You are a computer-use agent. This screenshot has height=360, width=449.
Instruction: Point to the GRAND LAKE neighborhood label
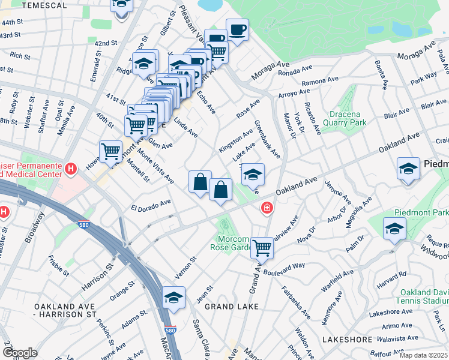pos(232,306)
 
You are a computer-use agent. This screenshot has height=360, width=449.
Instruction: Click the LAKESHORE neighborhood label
pos(347,340)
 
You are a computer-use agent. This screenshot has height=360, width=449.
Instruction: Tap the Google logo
pos(20,352)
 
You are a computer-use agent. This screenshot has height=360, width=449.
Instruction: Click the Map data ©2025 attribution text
pos(423,355)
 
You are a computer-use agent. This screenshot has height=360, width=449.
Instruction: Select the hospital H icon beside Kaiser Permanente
pos(71,169)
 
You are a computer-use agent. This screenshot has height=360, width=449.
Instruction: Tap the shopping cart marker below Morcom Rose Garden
pos(262,247)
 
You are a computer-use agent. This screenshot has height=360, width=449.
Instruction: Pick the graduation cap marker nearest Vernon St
pos(173,298)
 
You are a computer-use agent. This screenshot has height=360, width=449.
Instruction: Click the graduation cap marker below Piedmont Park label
pos(394,229)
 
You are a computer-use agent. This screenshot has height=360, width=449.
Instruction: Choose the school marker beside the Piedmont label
pos(408,169)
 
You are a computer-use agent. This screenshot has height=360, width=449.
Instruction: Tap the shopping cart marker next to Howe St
pos(110,152)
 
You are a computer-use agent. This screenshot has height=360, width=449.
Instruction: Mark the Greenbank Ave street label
pos(268,140)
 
